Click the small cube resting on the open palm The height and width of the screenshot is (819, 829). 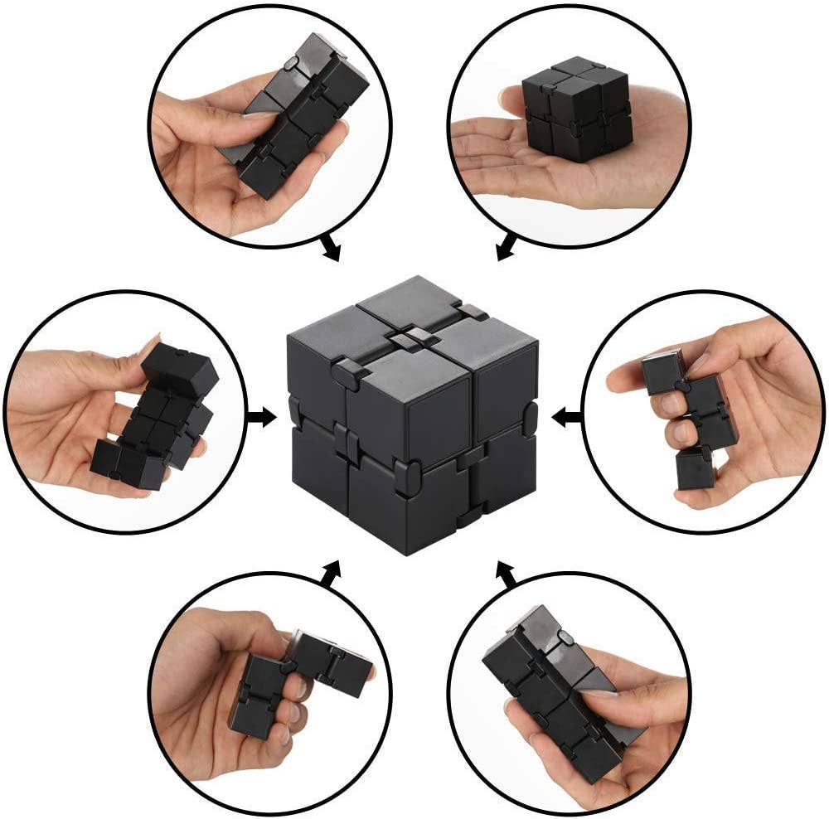(x=576, y=109)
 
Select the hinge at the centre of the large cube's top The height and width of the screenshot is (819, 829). (x=410, y=340)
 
